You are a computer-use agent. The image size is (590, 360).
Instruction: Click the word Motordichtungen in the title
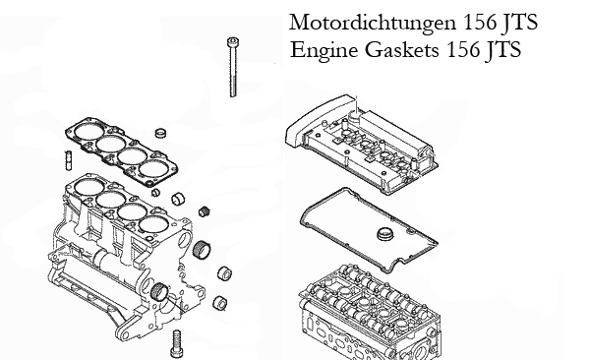pyautogui.click(x=373, y=23)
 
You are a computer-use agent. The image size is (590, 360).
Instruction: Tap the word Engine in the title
pyautogui.click(x=324, y=50)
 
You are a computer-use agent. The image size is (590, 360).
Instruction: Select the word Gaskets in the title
pyautogui.click(x=402, y=49)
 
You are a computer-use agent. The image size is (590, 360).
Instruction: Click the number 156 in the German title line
pyautogui.click(x=480, y=22)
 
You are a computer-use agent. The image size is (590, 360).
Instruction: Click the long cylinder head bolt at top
pyautogui.click(x=233, y=67)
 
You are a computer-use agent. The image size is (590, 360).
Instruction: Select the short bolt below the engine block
pyautogui.click(x=176, y=344)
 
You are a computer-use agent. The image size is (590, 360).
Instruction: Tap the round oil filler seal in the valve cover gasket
pyautogui.click(x=384, y=234)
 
